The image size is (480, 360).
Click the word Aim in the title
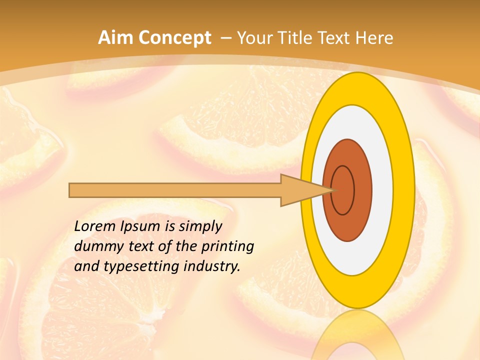point(115,38)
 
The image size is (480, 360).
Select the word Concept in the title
point(174,38)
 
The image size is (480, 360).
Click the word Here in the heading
point(374,38)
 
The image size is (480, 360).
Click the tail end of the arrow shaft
point(70,190)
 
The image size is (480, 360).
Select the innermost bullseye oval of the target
point(342,190)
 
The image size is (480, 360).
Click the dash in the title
point(225,38)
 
